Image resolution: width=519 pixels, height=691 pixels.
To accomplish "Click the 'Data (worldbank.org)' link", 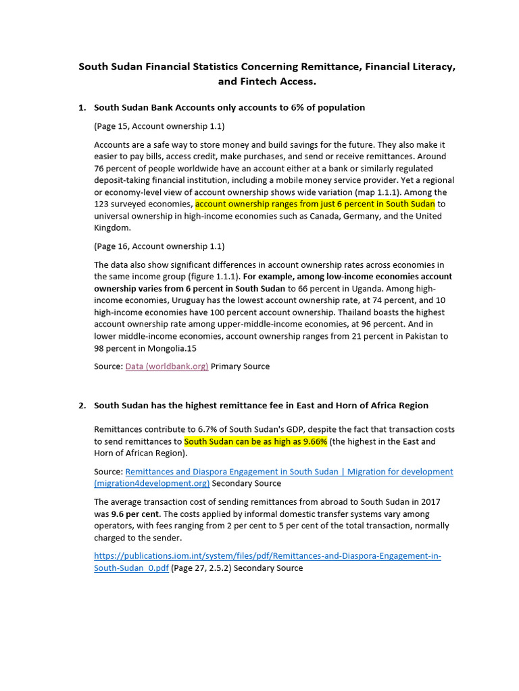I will pyautogui.click(x=167, y=366).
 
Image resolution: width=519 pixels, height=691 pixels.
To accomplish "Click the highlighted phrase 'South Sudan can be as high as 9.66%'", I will pyautogui.click(x=256, y=441).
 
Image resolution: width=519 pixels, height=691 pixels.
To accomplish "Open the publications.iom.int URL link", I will pyautogui.click(x=267, y=556).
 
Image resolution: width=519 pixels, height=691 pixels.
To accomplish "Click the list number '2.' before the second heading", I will pyautogui.click(x=82, y=406).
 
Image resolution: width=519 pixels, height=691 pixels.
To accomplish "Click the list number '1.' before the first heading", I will pyautogui.click(x=82, y=107).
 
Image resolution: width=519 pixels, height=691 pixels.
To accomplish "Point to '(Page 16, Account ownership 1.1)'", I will pyautogui.click(x=159, y=246).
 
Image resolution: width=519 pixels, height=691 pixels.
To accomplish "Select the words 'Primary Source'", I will pyautogui.click(x=240, y=366).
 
